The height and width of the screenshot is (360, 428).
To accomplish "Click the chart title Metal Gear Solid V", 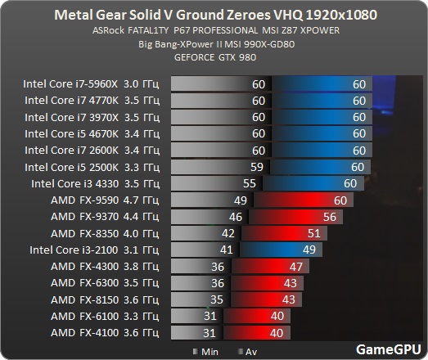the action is click(216, 15).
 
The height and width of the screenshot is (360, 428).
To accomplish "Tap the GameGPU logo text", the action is click(389, 349).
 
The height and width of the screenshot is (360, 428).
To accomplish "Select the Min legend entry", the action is click(205, 352).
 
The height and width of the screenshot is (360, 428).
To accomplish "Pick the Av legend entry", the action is click(248, 352).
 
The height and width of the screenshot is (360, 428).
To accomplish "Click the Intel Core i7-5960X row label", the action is click(91, 83).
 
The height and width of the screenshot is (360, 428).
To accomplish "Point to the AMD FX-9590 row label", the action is click(105, 200).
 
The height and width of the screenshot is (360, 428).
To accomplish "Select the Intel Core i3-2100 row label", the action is click(94, 250).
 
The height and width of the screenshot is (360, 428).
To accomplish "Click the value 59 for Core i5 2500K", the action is click(257, 167).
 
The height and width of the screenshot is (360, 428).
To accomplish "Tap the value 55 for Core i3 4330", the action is click(250, 183).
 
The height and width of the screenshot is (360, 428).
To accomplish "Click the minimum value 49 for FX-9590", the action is click(241, 200).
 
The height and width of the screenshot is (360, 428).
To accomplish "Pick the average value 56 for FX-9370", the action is click(330, 217).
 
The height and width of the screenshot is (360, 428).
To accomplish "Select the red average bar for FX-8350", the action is click(284, 233).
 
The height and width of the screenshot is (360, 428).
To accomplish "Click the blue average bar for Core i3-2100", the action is click(281, 250).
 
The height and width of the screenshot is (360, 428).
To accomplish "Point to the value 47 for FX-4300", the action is click(296, 267).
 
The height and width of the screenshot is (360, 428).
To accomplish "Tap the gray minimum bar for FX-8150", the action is click(200, 299).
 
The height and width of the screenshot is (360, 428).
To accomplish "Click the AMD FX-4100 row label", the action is click(105, 333).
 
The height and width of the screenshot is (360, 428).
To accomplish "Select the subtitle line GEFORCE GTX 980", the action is click(215, 57).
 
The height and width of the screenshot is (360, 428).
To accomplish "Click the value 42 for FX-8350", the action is click(228, 233).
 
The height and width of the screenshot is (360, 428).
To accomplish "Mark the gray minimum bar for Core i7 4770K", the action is click(221, 101).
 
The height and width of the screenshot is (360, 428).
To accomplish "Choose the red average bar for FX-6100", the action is click(257, 316).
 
